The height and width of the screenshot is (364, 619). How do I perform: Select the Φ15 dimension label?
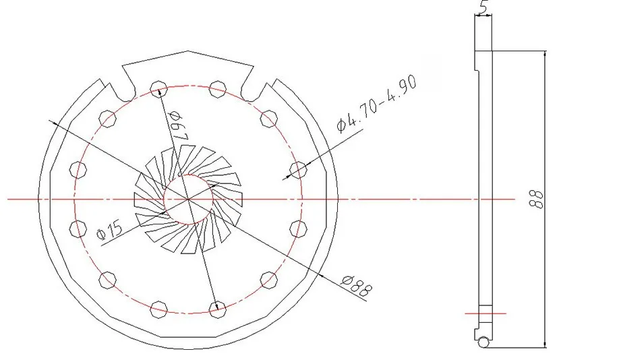pos(109,231)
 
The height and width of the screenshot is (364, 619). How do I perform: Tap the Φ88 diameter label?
pos(357,285)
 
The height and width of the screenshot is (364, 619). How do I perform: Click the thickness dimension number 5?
pos(483,7)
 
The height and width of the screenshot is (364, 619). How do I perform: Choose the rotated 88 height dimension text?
pos(537,200)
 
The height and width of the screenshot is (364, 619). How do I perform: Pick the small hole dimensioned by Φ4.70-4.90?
pos(298,170)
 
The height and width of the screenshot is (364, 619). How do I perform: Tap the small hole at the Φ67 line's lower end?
pos(218,309)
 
